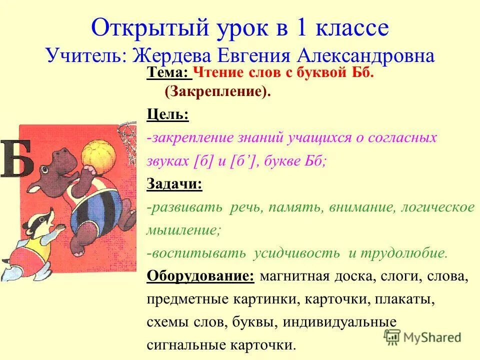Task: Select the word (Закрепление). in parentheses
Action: [217, 92]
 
